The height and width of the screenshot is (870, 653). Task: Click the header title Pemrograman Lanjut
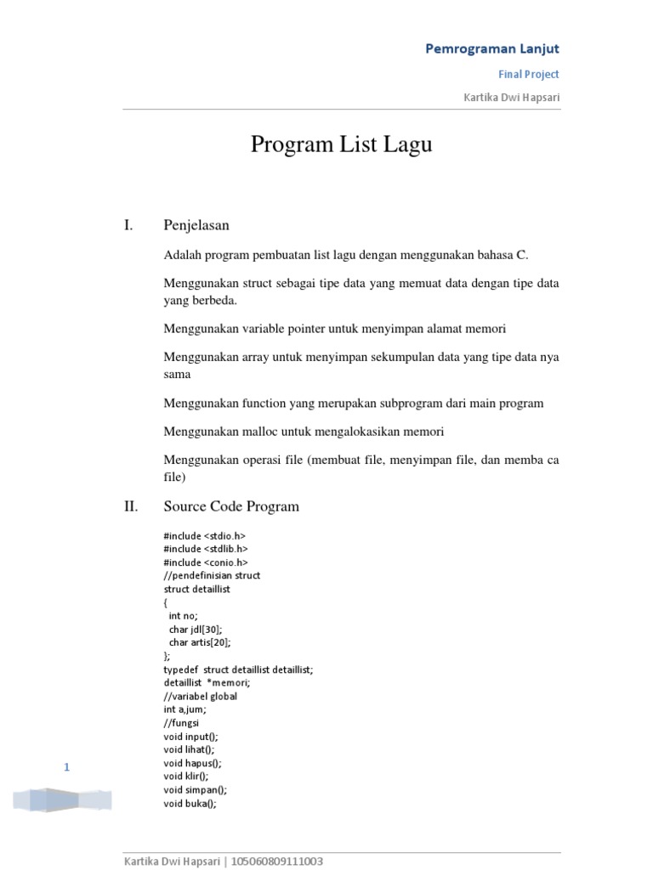point(492,48)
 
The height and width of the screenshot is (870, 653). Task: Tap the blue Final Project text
point(528,74)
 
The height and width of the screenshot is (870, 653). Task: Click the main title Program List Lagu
point(341,144)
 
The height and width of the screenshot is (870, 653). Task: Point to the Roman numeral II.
point(130,506)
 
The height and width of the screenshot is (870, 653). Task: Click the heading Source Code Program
point(231,506)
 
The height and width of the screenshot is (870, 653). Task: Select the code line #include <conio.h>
point(206,562)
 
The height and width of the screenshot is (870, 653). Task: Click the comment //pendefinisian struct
point(212,575)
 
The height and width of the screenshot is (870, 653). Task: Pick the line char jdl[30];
point(200,629)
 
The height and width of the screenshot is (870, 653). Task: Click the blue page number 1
point(66,768)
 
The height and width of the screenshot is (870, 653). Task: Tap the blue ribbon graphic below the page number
point(61,799)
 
